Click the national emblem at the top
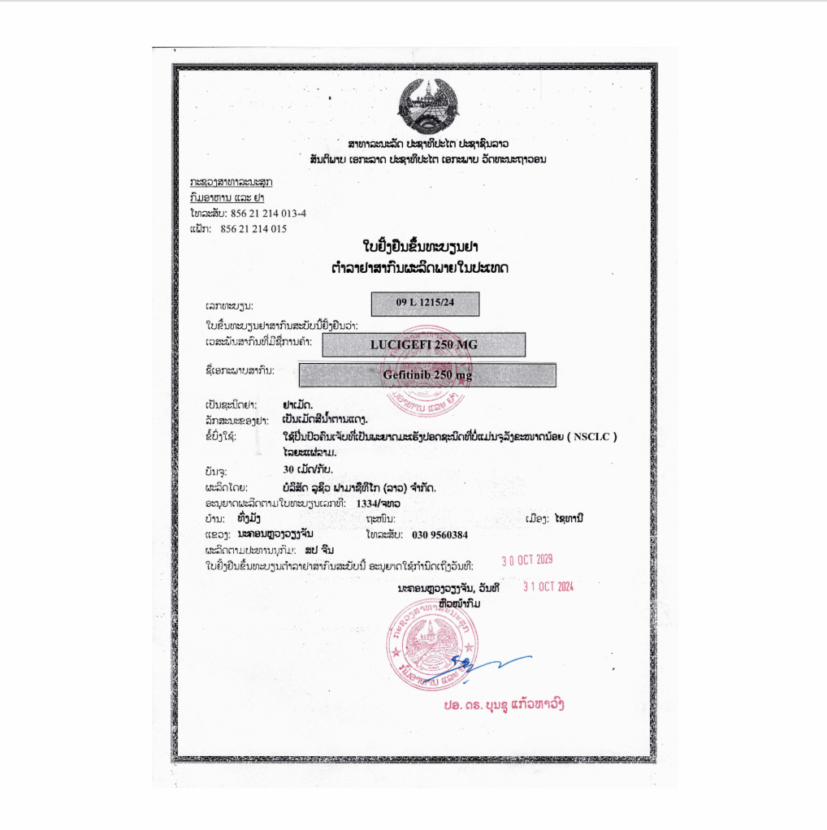427,106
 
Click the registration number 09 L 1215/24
426,303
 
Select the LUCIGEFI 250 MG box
423,344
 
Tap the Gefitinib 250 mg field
427,375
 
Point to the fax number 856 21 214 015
253,229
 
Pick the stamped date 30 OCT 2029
527,560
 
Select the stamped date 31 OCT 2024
548,586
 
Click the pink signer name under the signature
504,704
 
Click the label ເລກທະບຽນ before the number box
230,306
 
